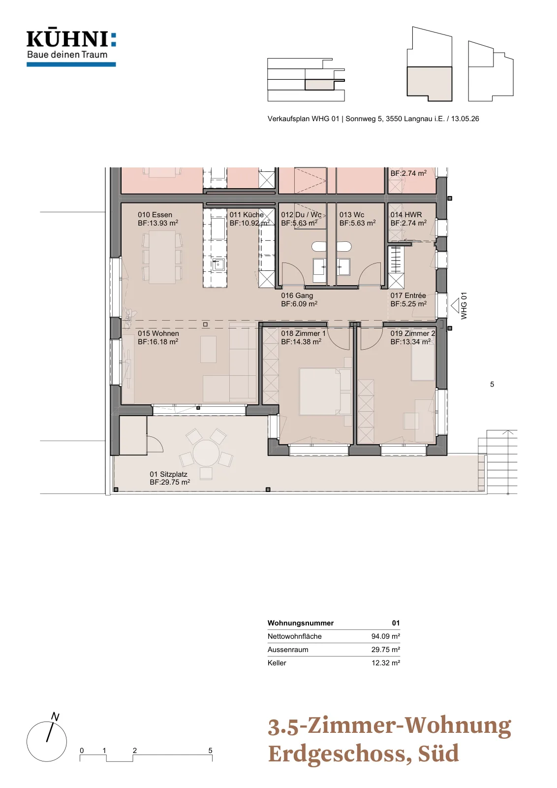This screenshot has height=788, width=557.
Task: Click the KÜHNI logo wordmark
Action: point(71,39)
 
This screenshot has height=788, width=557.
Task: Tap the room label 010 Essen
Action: point(155,215)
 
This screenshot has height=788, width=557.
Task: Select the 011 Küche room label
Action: point(247,215)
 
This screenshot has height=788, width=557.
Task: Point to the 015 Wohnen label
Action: point(158,333)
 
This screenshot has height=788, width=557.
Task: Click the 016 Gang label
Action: point(297,295)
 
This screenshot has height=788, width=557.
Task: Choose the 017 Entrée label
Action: point(407,295)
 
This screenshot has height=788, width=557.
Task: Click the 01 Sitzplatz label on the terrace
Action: point(168,474)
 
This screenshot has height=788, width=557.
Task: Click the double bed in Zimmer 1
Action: point(320,391)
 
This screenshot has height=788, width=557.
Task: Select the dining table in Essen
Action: point(162,257)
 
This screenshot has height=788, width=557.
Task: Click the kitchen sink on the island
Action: point(218,264)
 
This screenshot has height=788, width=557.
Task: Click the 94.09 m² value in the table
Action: point(385,636)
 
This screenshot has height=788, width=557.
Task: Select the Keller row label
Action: point(277,663)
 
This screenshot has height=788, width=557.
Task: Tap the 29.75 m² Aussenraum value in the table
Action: point(385,650)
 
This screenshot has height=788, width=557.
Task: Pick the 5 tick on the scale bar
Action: point(210,750)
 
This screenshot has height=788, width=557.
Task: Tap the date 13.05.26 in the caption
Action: point(465,119)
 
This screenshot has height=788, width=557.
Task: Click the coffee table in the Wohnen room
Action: point(209,349)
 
